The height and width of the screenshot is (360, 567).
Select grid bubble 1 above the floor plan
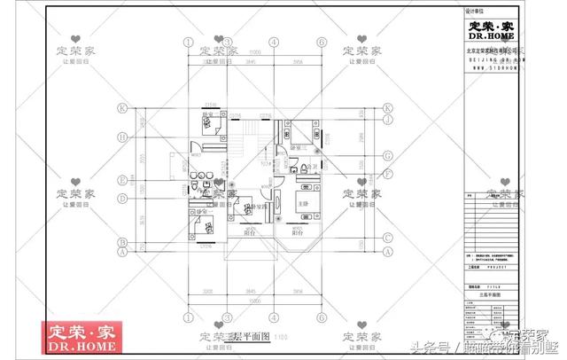pos(188,41)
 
